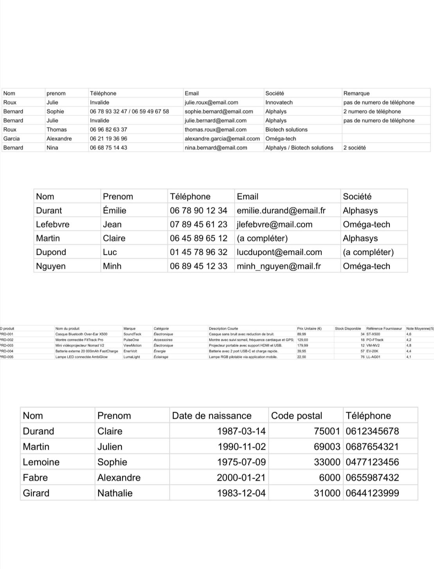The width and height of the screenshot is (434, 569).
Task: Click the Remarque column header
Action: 356,93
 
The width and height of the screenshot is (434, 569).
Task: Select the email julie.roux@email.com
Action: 211,102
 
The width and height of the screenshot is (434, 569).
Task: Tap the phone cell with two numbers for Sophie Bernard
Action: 129,111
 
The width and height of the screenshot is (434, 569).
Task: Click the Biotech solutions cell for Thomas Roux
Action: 286,130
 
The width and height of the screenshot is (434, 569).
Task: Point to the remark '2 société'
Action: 354,148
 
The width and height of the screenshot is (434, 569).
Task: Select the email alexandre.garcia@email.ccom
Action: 222,139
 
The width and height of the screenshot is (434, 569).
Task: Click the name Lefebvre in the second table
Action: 53,224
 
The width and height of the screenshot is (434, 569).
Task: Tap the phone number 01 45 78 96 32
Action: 198,252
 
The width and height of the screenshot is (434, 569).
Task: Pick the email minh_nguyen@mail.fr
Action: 278,266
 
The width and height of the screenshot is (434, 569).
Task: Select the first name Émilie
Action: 115,211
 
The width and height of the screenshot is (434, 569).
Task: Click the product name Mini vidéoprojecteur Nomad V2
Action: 80,346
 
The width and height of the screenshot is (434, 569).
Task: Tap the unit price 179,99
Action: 302,346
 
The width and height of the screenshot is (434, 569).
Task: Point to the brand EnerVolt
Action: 130,351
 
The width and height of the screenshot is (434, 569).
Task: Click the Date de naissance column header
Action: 212,416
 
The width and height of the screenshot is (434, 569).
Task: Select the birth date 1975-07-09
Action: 241,462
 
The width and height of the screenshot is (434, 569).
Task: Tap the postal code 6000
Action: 330,477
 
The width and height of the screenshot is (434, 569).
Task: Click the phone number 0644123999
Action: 372,493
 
